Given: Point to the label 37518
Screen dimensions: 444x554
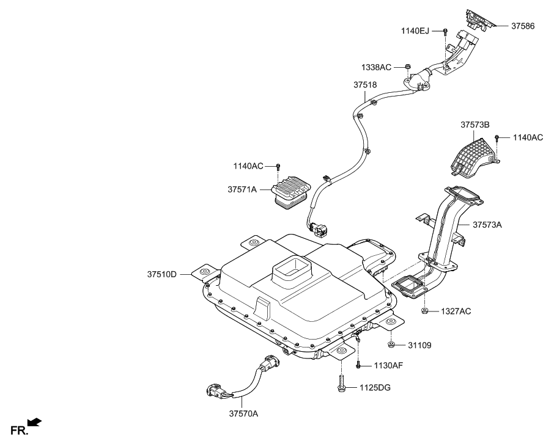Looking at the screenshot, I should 364,86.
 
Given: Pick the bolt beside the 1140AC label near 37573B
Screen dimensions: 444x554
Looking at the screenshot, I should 498,139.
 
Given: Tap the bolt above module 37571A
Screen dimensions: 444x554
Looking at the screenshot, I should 279,166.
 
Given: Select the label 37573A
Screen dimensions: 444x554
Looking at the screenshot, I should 487,225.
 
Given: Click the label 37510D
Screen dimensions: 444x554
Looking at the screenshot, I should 161,274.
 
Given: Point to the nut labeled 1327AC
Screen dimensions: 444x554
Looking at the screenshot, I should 424,311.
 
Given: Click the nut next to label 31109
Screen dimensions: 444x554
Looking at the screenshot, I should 392,345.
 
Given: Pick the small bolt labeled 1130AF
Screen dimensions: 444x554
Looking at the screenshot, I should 358,365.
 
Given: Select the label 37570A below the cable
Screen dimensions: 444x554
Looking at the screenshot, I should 243,413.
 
